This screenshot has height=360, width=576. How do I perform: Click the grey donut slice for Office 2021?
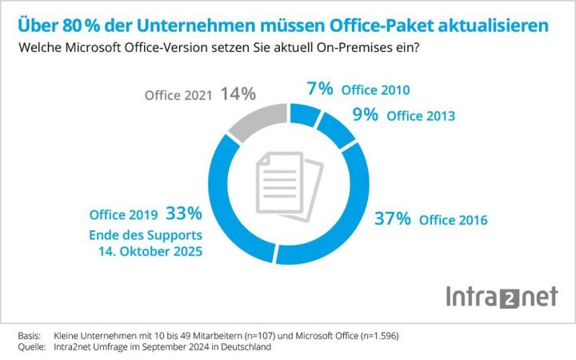[248, 125]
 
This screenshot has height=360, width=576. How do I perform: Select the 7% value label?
[320, 88]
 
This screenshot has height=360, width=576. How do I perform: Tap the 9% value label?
[366, 114]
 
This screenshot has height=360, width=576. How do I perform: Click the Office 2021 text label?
[178, 95]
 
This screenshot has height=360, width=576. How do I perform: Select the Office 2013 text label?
[420, 115]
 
